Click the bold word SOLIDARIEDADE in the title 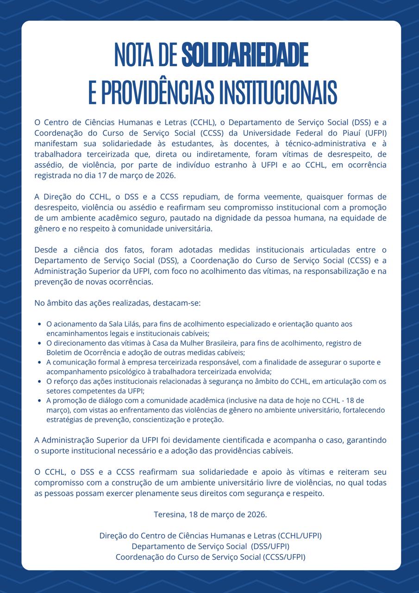point(245,55)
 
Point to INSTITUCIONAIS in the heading point(278,93)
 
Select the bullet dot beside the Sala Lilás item point(41,324)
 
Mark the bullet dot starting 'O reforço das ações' point(41,382)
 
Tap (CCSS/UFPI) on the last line point(284,557)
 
